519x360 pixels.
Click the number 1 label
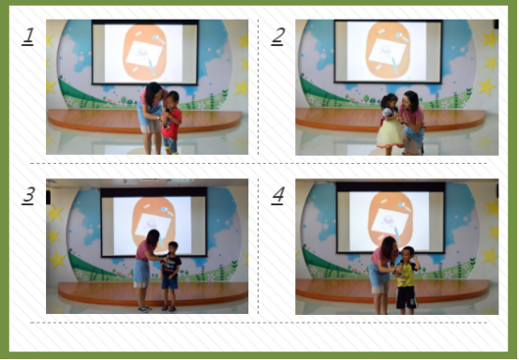click(x=28, y=36)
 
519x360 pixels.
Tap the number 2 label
click(x=277, y=36)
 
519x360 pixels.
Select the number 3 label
click(x=28, y=195)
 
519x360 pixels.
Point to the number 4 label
click(x=277, y=195)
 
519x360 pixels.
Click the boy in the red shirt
click(x=171, y=123)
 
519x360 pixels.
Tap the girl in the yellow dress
click(x=391, y=124)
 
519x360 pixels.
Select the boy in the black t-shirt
click(x=171, y=276)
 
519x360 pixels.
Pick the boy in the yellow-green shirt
click(x=408, y=280)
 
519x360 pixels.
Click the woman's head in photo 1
click(x=153, y=93)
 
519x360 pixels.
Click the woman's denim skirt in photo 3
click(x=141, y=271)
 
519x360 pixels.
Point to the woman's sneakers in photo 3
click(x=144, y=308)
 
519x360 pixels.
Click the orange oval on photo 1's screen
click(x=144, y=52)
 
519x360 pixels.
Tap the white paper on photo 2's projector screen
click(x=387, y=52)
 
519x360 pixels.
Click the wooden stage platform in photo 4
click(x=393, y=290)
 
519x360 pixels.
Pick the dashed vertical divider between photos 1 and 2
click(x=259, y=87)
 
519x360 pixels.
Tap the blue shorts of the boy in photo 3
click(x=170, y=282)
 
